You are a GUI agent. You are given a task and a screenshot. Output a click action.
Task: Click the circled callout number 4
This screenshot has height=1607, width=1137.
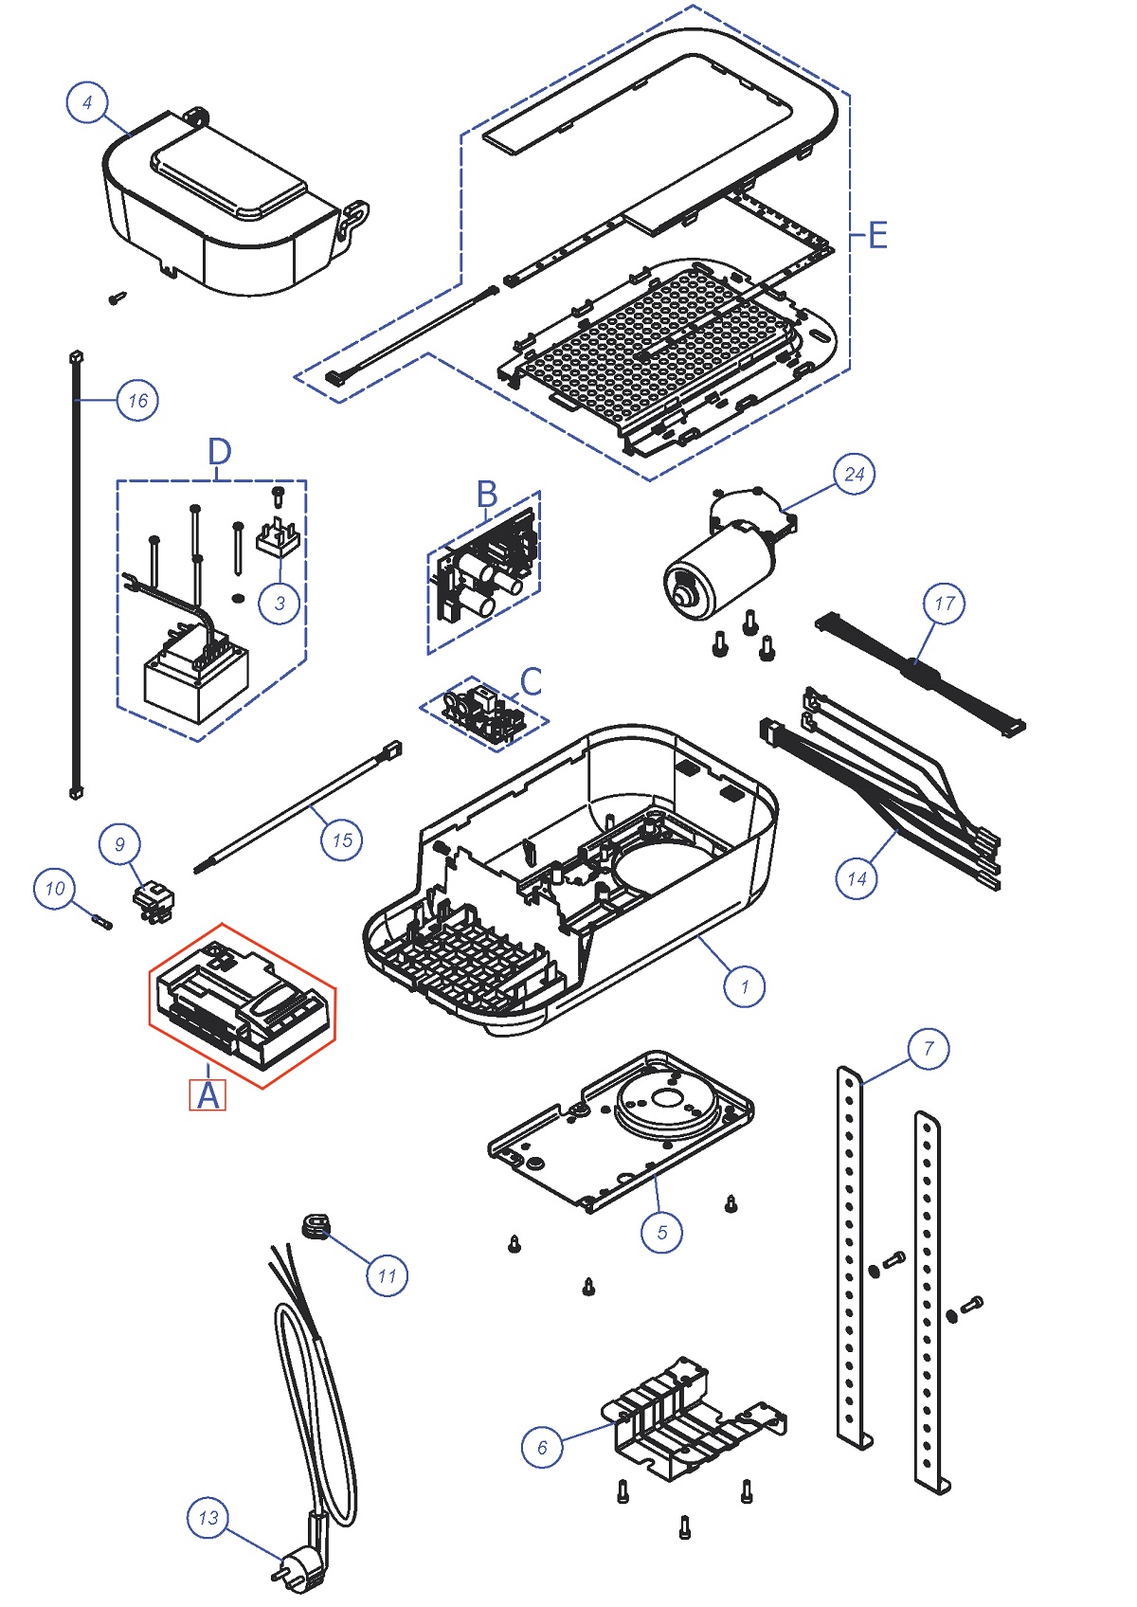click(87, 102)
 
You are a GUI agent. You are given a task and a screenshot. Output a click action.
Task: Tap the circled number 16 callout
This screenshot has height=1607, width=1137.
click(137, 400)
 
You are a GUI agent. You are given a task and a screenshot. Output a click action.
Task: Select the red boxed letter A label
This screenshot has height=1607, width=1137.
click(208, 1094)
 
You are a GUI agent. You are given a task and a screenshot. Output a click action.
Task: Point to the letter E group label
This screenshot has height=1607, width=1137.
click(877, 234)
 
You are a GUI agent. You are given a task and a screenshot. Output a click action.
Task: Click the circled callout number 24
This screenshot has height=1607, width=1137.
click(854, 474)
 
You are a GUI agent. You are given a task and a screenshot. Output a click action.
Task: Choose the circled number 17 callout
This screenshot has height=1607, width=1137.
click(944, 603)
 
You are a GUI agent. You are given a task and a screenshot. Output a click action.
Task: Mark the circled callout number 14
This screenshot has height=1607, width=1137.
click(857, 878)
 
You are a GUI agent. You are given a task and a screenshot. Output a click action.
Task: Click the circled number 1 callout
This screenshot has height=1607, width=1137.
click(744, 985)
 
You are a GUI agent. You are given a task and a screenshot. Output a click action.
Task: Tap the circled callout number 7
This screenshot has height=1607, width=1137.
click(928, 1048)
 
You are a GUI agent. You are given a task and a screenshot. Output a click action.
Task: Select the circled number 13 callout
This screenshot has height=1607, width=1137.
click(208, 1517)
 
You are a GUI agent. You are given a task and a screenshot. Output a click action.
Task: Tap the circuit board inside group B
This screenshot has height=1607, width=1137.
click(486, 573)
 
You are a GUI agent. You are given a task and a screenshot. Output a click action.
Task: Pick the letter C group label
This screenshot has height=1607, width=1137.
click(531, 682)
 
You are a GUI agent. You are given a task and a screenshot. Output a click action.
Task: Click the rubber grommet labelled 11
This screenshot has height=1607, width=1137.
click(315, 1227)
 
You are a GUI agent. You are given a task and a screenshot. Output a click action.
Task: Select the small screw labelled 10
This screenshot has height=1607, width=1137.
click(101, 920)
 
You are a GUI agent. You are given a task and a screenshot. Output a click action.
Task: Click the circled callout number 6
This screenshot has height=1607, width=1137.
click(542, 1447)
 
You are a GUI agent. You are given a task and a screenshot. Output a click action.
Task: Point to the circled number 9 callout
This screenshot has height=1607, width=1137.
click(119, 843)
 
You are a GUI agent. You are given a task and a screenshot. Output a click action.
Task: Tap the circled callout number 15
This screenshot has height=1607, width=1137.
click(342, 840)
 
